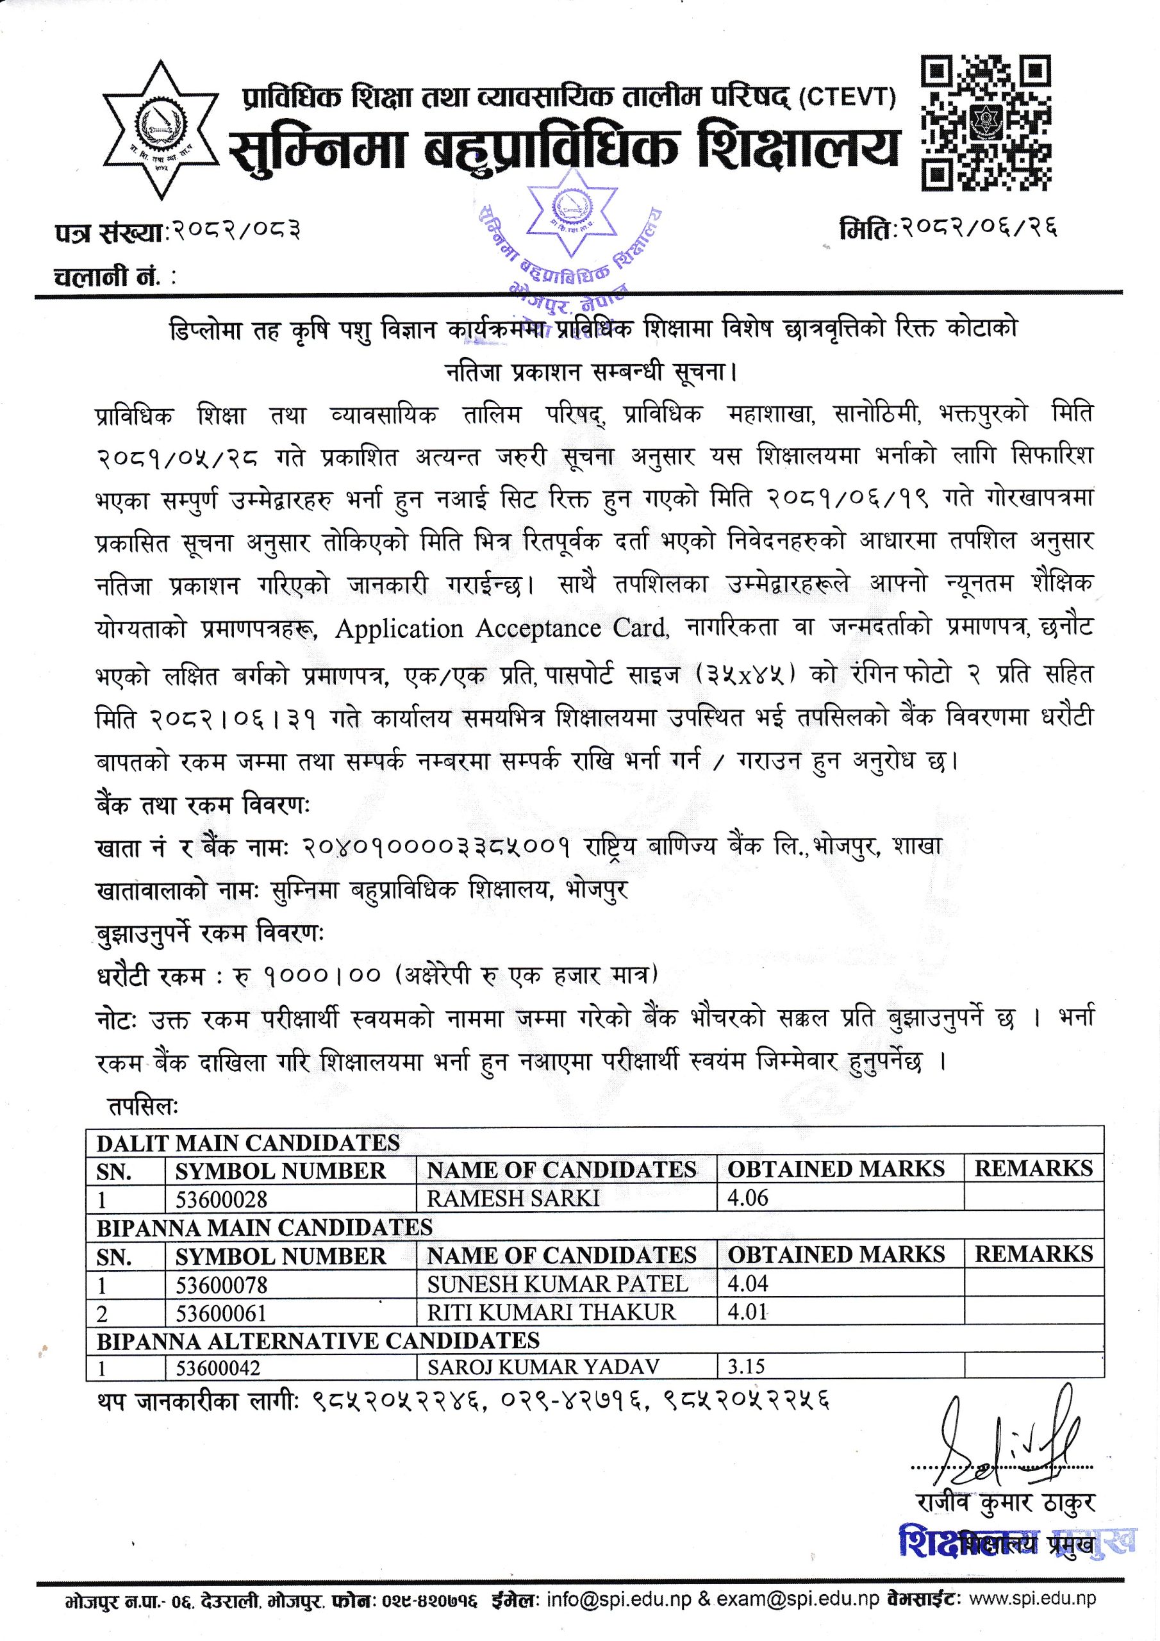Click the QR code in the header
coord(986,125)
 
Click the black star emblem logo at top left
coord(161,129)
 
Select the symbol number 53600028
coord(221,1217)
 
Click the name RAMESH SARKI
coord(513,1217)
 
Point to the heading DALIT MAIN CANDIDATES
coord(248,1162)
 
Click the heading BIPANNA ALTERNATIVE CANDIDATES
coord(317,1360)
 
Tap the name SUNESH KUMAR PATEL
coord(557,1303)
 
